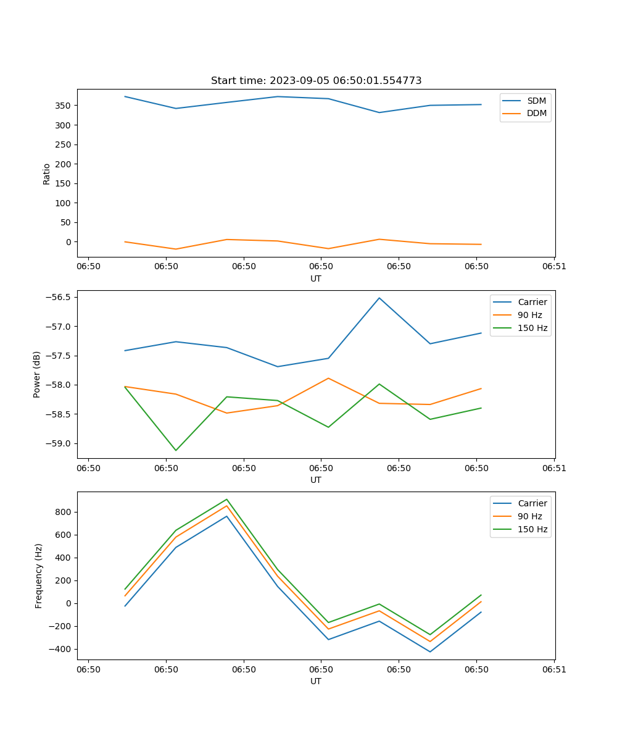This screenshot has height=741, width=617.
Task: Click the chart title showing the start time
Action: pos(316,81)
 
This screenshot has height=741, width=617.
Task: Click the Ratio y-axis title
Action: pos(47,174)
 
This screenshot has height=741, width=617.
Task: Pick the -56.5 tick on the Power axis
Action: pos(60,297)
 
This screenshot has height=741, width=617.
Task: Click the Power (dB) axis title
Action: pos(37,374)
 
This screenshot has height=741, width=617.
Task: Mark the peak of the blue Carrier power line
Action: pos(379,298)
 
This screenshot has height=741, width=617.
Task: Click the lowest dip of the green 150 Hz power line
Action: pos(176,450)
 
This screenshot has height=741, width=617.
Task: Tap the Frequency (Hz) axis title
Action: pos(39,576)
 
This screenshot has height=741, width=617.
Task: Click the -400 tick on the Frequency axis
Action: pos(59,649)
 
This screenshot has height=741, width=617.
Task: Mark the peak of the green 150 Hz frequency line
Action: pos(226,499)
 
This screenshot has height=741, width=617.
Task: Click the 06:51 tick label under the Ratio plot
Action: pos(554,266)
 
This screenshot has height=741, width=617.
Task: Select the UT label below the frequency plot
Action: pos(316,681)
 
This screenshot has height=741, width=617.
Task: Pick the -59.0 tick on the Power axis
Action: pos(60,443)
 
